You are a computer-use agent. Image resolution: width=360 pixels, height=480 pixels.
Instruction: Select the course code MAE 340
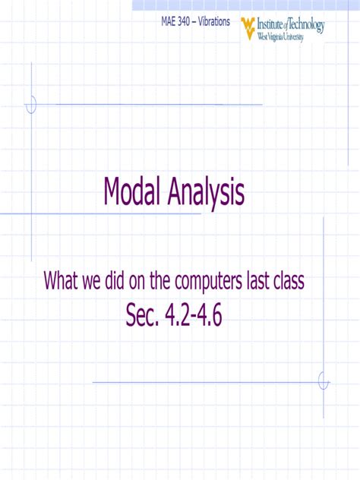click(176, 22)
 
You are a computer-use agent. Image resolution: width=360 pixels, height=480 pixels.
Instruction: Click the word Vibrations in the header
click(214, 22)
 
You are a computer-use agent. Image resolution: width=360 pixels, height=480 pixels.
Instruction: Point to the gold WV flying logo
click(248, 28)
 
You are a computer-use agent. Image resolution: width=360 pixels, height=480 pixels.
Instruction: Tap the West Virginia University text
click(280, 36)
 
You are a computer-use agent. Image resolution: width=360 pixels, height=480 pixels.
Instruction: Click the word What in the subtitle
click(61, 282)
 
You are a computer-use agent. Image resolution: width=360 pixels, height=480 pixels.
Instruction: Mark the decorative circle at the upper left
click(31, 105)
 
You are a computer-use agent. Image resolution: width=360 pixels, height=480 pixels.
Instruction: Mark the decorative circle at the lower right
click(324, 382)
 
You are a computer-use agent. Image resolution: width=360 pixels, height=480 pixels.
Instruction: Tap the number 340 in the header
click(185, 22)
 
